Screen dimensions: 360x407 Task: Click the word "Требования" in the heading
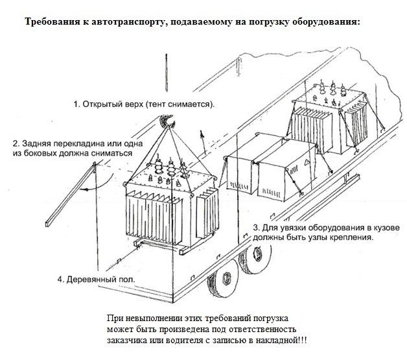(x=51, y=22)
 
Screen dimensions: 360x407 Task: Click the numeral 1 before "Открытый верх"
(x=76, y=104)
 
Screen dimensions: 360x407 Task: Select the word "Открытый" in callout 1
(x=104, y=104)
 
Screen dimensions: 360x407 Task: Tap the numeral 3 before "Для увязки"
(x=256, y=228)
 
